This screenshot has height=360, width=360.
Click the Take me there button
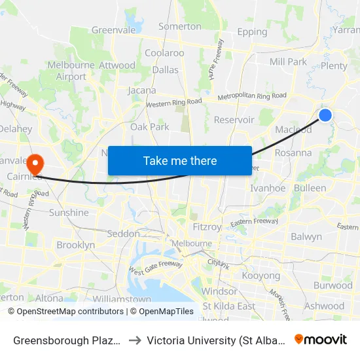[180, 160]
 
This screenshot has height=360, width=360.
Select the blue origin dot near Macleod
[325, 115]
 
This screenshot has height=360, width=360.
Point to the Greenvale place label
[113, 30]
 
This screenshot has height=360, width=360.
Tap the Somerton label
[180, 26]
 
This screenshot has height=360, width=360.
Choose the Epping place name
[253, 31]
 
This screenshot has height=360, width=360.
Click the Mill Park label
[288, 62]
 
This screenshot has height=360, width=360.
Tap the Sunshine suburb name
[69, 213]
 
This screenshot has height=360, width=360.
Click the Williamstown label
[122, 299]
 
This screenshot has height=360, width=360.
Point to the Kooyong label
[261, 276]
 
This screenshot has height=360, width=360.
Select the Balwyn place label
[306, 236]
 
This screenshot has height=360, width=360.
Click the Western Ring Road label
[173, 103]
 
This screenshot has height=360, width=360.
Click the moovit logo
[321, 339]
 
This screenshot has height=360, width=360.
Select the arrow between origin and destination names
[134, 340]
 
